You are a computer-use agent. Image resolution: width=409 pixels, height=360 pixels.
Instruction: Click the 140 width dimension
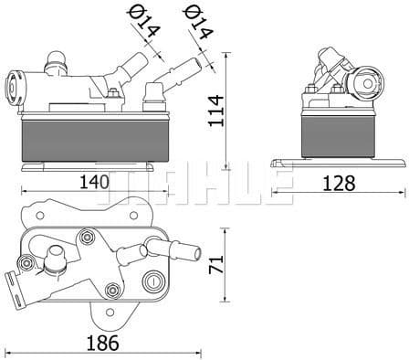(x=93, y=182)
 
